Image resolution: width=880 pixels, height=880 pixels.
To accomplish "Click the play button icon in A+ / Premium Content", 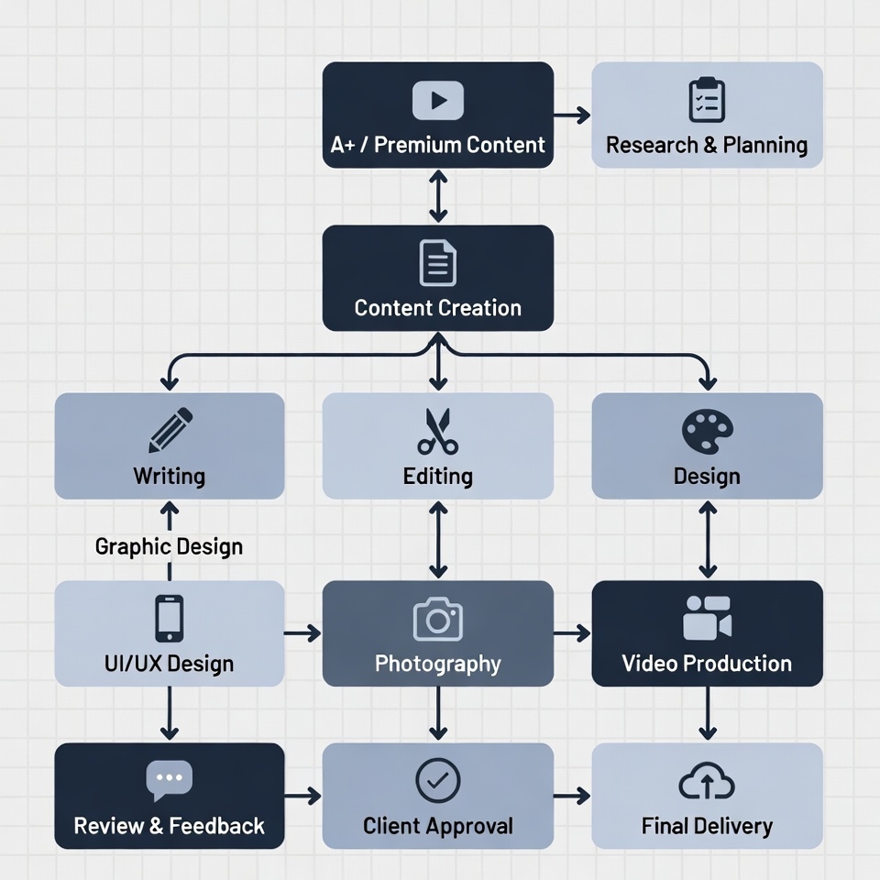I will pyautogui.click(x=438, y=101).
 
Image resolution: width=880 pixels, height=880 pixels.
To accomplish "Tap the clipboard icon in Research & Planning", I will pyautogui.click(x=707, y=100).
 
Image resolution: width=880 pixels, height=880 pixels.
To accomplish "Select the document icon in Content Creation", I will pyautogui.click(x=438, y=263).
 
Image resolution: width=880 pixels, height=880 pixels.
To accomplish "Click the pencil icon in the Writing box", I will pyautogui.click(x=170, y=430).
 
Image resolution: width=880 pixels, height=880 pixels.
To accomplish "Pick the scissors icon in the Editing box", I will pyautogui.click(x=438, y=432).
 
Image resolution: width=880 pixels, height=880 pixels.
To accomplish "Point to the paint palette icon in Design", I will pyautogui.click(x=708, y=430).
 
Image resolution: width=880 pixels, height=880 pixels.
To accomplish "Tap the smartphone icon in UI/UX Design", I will pyautogui.click(x=170, y=618).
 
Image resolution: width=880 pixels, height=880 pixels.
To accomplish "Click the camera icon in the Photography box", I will pyautogui.click(x=438, y=619).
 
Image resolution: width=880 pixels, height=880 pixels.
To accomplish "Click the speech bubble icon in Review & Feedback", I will pyautogui.click(x=170, y=781).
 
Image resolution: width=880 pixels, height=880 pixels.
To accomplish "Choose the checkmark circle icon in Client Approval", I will pyautogui.click(x=438, y=780).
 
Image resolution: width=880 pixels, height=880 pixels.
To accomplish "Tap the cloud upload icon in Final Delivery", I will pyautogui.click(x=707, y=782).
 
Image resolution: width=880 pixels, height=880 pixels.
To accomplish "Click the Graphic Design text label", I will pyautogui.click(x=170, y=547).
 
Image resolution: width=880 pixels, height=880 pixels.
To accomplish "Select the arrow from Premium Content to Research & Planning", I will pyautogui.click(x=573, y=115).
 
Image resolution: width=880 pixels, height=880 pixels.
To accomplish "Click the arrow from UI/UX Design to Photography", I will pyautogui.click(x=303, y=632).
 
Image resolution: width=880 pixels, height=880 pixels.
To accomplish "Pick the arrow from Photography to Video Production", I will pyautogui.click(x=573, y=632).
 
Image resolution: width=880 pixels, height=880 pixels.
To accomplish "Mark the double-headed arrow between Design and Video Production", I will pyautogui.click(x=708, y=539).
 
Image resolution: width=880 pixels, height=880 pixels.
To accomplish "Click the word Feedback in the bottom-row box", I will pyautogui.click(x=217, y=826).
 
